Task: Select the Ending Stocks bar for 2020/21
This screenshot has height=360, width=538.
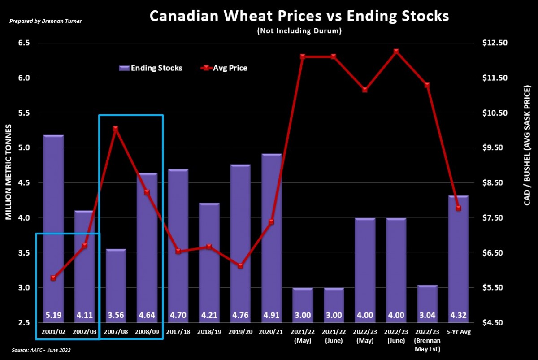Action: (272, 238)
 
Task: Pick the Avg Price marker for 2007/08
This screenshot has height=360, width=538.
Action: (115, 129)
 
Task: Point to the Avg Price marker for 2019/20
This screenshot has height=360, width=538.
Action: (240, 266)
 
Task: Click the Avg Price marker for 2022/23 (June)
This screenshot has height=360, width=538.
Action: (396, 52)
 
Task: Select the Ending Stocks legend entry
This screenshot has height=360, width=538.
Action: (151, 68)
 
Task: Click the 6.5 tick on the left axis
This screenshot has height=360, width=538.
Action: (23, 43)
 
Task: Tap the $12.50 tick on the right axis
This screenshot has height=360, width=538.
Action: (495, 43)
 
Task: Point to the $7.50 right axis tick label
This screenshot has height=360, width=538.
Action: (495, 218)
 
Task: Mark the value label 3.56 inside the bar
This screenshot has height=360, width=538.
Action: (115, 315)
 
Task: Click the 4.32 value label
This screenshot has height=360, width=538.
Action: (458, 315)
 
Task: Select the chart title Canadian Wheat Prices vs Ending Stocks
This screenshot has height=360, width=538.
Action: (299, 16)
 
